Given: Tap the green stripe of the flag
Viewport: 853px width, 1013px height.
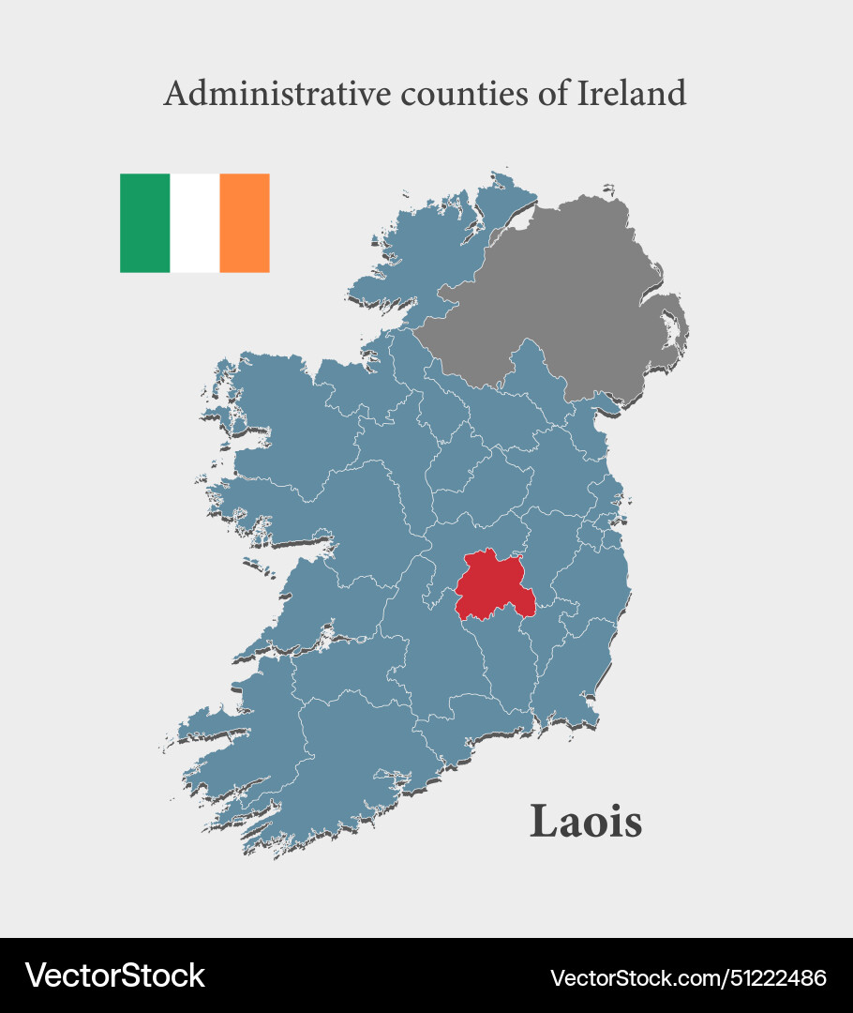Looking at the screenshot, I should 144,223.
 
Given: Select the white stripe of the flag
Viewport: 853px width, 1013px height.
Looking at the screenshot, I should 195,223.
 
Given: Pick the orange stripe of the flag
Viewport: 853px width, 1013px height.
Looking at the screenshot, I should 245,223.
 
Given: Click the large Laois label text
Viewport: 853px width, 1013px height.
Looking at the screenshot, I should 586,822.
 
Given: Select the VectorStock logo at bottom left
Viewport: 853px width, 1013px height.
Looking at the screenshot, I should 114,975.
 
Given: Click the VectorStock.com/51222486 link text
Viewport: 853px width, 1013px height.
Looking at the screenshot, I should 688,977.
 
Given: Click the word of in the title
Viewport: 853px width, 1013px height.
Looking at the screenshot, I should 549,93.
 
